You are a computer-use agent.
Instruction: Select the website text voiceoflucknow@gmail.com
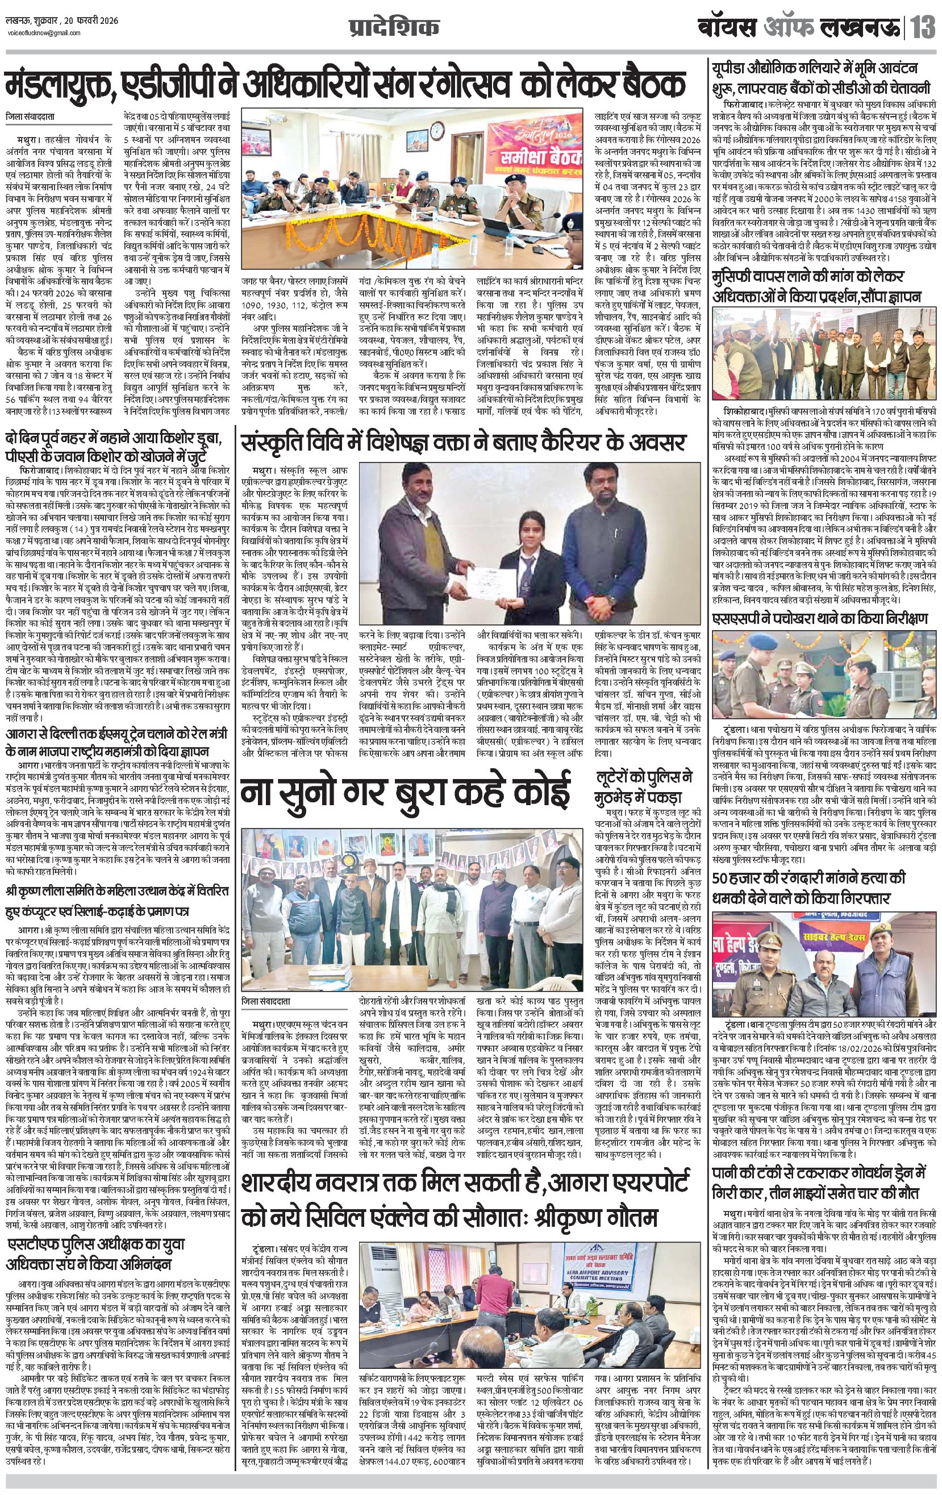(x=39, y=36)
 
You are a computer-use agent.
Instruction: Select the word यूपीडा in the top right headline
(x=735, y=68)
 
